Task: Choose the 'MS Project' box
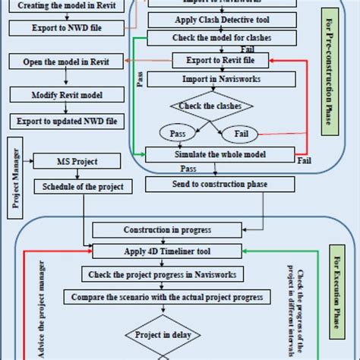77,162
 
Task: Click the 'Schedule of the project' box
83,187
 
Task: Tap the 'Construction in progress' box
166,230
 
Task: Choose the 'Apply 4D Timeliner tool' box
166,248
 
